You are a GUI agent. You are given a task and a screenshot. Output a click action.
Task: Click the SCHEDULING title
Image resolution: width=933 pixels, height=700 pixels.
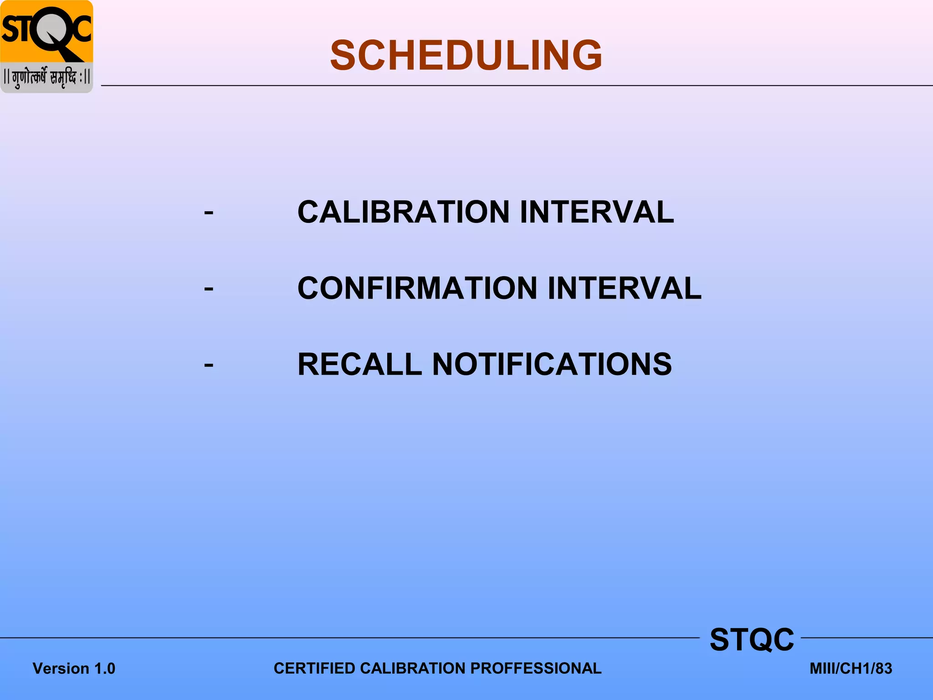point(466,55)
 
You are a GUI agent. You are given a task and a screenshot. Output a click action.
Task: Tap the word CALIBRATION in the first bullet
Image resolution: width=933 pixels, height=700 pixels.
point(403,212)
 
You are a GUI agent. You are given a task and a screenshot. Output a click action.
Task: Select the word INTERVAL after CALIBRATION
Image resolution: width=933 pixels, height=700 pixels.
point(596,212)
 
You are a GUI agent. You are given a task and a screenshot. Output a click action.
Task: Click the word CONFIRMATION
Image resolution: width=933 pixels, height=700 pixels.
point(417,288)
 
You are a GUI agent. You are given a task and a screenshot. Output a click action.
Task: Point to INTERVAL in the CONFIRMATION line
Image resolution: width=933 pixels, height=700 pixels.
point(624,288)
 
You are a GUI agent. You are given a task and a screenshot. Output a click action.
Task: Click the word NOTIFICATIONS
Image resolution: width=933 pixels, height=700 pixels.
point(552,364)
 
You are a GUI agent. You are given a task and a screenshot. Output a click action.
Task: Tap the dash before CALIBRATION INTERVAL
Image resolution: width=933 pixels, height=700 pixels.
point(209,213)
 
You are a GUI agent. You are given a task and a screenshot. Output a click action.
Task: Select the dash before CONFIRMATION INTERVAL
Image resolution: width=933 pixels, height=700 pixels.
point(209,289)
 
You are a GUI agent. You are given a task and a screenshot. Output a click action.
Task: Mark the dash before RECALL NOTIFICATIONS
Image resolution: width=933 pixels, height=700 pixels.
point(209,365)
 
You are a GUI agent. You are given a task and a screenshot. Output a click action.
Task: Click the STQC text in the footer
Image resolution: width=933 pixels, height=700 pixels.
point(752,639)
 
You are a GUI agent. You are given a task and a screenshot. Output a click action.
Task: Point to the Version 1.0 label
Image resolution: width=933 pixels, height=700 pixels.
point(74,669)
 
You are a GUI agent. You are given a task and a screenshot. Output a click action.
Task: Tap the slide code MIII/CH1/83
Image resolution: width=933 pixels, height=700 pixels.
point(851,669)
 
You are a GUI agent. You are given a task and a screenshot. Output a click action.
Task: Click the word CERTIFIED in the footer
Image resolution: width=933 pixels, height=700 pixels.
point(314,668)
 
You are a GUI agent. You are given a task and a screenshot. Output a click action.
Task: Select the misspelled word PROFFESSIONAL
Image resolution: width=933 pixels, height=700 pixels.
point(536,668)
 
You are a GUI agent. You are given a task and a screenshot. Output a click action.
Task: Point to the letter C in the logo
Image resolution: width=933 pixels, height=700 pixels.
point(81,28)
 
